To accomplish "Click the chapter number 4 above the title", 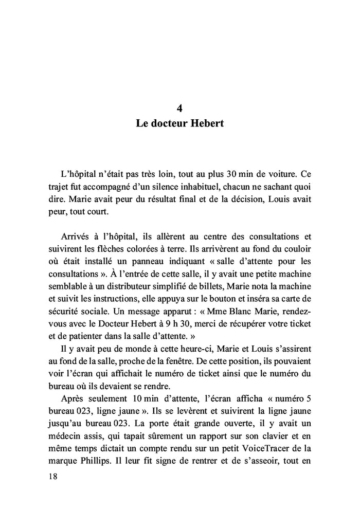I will tap(179, 108).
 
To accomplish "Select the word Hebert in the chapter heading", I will tap(204, 124).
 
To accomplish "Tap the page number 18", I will tap(52, 476).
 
